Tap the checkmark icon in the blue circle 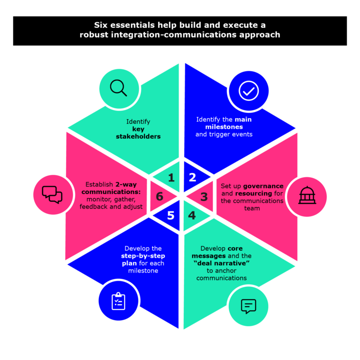click(248, 91)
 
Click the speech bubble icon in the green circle click(248, 306)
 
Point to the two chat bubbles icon click(52, 194)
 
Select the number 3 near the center click(204, 197)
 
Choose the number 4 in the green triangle click(192, 216)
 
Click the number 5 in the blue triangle click(171, 216)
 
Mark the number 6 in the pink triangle click(159, 197)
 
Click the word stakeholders click(138, 136)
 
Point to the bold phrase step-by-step click(143, 256)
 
